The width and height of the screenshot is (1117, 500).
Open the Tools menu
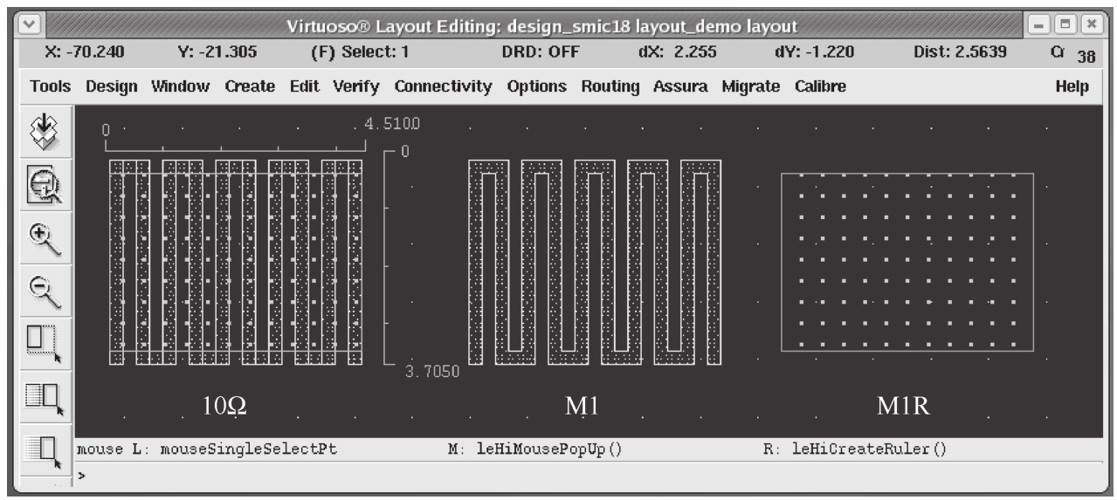pos(50,87)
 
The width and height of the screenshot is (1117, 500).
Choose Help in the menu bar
pos(1071,87)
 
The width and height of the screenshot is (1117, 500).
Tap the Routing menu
pos(617,87)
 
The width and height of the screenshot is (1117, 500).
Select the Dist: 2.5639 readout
pos(960,52)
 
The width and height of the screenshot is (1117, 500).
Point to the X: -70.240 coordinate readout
pos(85,52)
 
